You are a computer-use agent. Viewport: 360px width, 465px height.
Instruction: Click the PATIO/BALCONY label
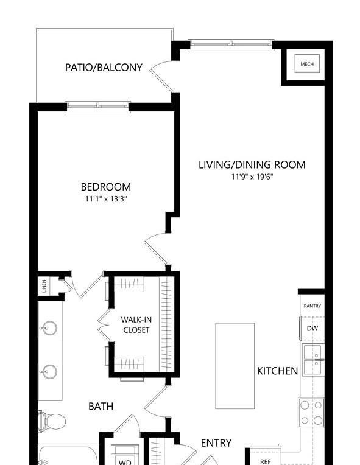[x=104, y=68]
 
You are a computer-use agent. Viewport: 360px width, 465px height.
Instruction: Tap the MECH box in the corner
[x=307, y=63]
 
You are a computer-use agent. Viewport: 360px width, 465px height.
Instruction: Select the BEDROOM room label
[x=105, y=187]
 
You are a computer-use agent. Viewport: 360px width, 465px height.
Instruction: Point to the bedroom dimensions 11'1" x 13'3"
[x=106, y=198]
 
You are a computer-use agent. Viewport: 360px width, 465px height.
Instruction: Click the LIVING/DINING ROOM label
[x=252, y=164]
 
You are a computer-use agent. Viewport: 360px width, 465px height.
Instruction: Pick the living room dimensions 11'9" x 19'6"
[x=252, y=177]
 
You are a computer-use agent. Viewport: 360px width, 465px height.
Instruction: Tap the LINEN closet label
[x=44, y=286]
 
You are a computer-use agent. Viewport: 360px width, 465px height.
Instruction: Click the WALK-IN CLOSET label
[x=136, y=325]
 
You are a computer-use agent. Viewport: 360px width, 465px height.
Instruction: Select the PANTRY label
[x=312, y=306]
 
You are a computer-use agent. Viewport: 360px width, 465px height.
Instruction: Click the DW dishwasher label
[x=312, y=328]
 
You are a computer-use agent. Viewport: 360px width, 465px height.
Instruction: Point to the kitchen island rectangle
[x=235, y=366]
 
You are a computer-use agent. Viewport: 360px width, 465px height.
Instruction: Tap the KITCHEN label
[x=277, y=371]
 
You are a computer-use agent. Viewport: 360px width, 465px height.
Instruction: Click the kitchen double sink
[x=313, y=360]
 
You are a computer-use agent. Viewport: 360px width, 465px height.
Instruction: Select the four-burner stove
[x=311, y=413]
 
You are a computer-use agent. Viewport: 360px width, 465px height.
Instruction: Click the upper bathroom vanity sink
[x=49, y=328]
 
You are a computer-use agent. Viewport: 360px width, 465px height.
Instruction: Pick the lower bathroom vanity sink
[x=49, y=372]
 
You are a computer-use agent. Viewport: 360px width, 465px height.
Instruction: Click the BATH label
[x=101, y=406]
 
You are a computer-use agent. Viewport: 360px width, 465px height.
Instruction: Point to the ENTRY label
[x=216, y=442]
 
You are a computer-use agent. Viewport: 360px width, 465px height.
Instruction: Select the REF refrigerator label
[x=266, y=461]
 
